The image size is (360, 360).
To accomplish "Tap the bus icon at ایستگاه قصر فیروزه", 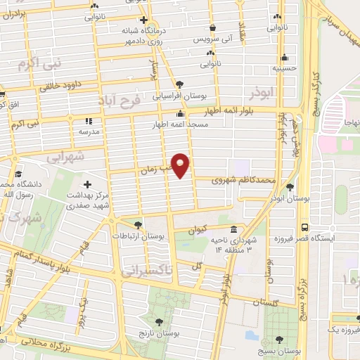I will tap(304, 227).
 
